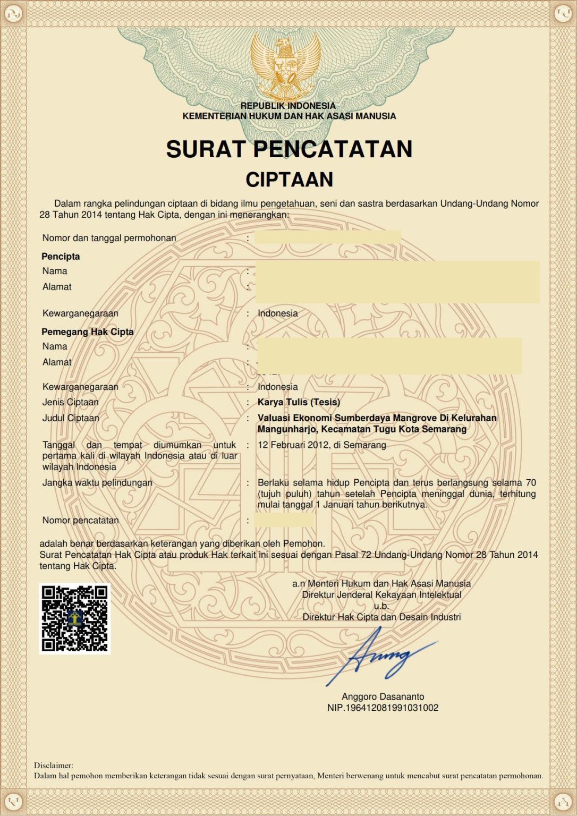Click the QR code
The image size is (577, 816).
tap(75, 618)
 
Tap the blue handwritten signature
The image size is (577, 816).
tap(383, 657)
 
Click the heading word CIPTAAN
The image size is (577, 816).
tap(289, 180)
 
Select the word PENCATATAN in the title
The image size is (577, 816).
tap(333, 149)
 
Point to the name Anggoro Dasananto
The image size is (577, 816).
tap(383, 696)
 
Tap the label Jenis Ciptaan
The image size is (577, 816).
tap(70, 402)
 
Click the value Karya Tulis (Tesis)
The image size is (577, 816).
tap(299, 402)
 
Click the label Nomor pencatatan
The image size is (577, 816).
tap(80, 520)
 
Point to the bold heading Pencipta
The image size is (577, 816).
tap(61, 257)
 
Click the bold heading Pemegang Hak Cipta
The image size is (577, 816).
tap(88, 331)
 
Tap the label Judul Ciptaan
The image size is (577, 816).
tap(71, 418)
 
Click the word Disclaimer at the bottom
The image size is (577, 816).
tap(53, 766)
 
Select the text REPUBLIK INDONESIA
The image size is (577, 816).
tap(288, 106)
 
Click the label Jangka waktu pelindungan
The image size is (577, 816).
tap(97, 483)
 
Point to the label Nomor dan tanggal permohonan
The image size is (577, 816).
tap(109, 238)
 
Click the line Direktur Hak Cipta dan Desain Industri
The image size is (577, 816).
tap(381, 617)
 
